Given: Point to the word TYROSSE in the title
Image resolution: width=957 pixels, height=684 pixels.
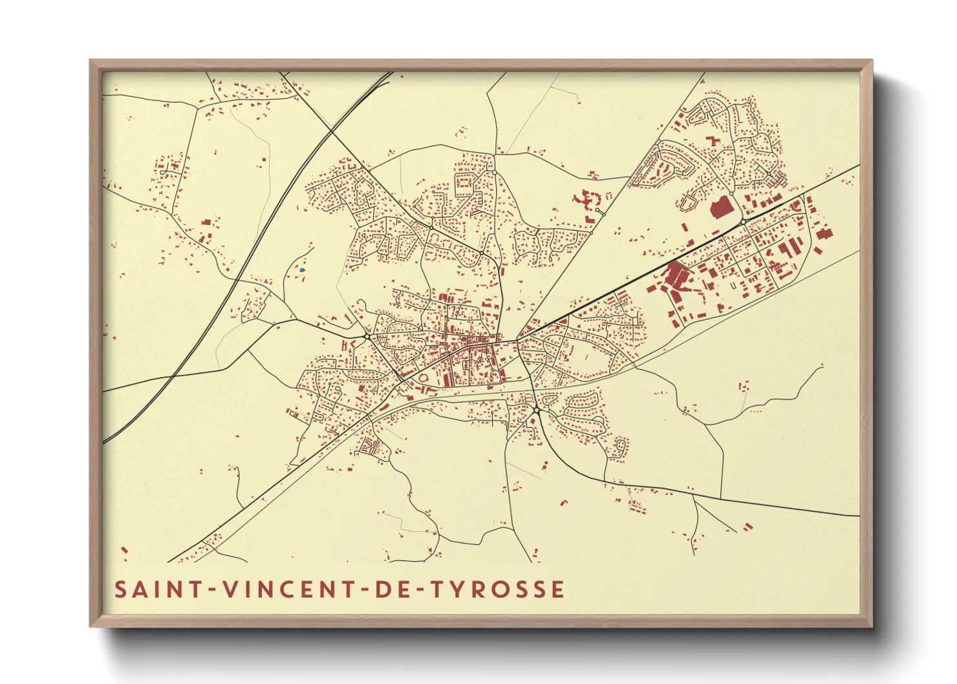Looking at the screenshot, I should pos(498,590).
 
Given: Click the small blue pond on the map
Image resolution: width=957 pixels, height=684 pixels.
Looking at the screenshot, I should pos(302,270).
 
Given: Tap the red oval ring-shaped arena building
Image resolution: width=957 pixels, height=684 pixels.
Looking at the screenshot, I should pos(424,378).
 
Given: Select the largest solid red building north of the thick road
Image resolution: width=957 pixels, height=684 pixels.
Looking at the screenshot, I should pos(720,208).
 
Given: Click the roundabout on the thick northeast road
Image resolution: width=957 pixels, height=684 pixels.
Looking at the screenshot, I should pos(744,222).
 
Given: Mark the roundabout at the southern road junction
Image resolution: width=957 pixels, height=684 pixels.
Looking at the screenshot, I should pos(536,410).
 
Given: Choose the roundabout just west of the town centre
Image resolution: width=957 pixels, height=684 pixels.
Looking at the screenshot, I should pos(367,336).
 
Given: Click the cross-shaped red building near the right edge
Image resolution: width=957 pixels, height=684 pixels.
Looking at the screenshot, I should pos(823,233).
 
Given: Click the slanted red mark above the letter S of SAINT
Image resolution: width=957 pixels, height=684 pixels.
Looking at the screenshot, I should pos(124,550).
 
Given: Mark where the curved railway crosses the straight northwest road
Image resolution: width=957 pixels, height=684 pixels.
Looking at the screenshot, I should pos(331,131).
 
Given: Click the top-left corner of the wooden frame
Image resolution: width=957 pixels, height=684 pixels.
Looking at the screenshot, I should pos(91,61).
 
